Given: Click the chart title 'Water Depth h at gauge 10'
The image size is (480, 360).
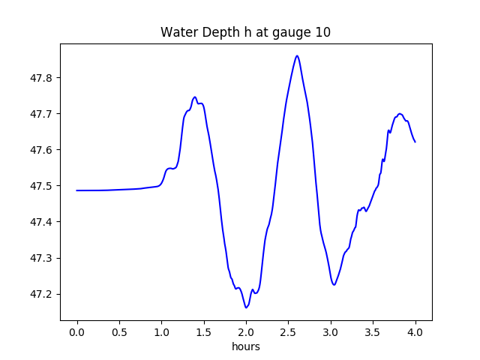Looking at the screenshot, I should click(245, 33).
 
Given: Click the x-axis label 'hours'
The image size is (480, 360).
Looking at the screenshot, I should click(245, 347).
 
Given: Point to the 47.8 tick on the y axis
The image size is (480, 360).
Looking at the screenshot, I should click(42, 78).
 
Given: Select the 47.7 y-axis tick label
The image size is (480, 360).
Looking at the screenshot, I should click(42, 114).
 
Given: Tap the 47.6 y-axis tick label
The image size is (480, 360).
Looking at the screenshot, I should click(42, 150).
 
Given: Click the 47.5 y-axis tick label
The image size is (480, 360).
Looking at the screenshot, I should click(42, 186).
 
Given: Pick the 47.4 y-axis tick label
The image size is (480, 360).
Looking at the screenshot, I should click(42, 222).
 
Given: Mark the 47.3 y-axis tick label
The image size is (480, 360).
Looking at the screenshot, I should click(42, 258).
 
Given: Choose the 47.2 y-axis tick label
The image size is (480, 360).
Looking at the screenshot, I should click(42, 294).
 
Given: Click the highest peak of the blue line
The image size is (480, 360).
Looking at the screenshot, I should click(297, 55).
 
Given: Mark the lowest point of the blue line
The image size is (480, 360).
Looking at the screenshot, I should click(246, 307).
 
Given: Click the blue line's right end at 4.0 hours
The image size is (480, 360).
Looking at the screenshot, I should click(415, 142).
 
